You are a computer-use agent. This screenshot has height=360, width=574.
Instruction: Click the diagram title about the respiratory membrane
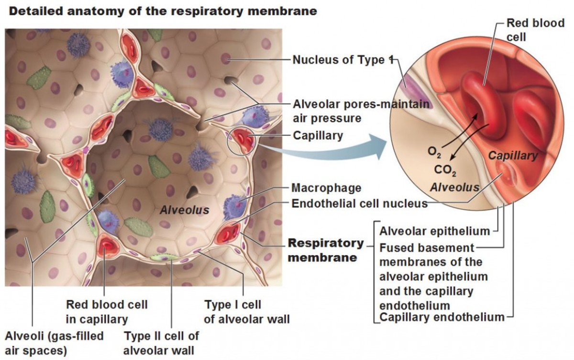click(x=163, y=11)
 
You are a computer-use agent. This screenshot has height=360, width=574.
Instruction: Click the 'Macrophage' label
click(x=326, y=188)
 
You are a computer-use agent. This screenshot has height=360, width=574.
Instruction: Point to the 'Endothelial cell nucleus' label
click(x=359, y=203)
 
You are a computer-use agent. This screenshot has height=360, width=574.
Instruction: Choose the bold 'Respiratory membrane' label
click(x=325, y=250)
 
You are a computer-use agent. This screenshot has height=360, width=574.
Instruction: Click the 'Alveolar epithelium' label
click(x=435, y=232)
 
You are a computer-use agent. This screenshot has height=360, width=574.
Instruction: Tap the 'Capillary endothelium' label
click(x=442, y=317)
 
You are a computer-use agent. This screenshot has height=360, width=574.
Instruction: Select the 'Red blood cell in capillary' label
click(x=107, y=311)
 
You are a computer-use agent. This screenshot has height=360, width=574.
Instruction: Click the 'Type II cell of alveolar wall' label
click(x=161, y=343)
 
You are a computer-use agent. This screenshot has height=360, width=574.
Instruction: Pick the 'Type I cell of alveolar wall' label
click(x=247, y=311)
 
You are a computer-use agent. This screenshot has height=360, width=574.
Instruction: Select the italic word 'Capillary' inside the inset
click(x=512, y=156)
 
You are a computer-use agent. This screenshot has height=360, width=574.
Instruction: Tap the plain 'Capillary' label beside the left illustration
click(x=318, y=135)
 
